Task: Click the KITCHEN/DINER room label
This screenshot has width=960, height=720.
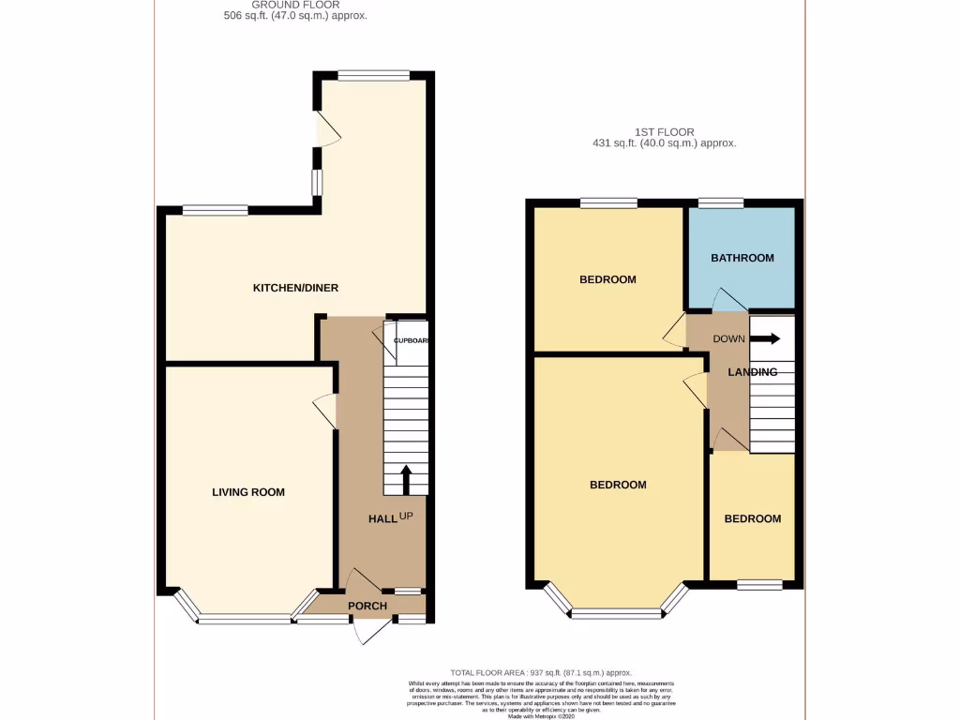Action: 295,288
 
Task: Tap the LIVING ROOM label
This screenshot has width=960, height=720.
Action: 248,492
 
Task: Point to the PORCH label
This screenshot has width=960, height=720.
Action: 367,606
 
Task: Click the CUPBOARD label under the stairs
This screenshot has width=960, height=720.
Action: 411,340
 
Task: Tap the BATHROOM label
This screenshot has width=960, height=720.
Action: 742,258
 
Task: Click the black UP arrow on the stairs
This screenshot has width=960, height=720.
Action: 406,479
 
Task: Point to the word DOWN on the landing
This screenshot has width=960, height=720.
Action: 728,338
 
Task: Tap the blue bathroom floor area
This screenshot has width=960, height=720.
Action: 742,281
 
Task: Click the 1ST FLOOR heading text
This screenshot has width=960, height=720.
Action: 664,132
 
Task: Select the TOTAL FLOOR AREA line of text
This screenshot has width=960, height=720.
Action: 541,673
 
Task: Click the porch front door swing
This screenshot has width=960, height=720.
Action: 373,632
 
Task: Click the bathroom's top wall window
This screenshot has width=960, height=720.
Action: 721,202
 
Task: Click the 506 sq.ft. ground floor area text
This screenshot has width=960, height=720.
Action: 295,16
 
